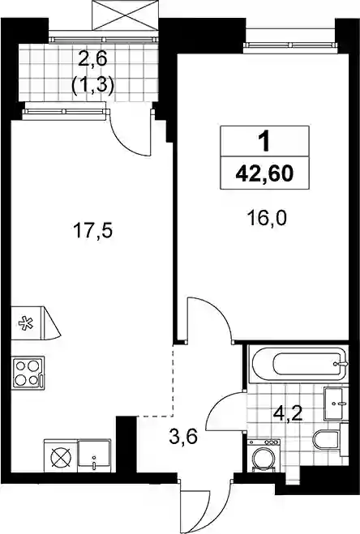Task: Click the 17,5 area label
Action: point(92,232)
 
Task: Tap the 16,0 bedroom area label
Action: point(267,219)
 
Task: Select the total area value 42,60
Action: point(264,173)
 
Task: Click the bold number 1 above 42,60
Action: point(264,142)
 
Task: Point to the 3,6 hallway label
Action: point(183,437)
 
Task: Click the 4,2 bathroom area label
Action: point(289,415)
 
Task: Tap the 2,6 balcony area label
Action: point(92,59)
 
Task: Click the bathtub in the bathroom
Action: point(298,364)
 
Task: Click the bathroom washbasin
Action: point(336,404)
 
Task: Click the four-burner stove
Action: point(28,372)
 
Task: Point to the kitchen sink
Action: point(94,456)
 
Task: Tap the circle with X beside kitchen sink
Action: point(62,456)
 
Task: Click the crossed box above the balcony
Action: point(126,15)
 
